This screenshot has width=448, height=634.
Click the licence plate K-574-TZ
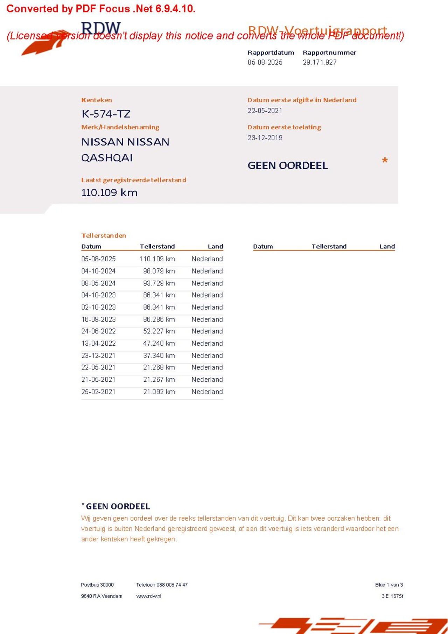coord(106,114)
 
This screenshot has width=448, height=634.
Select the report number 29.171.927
coord(320,62)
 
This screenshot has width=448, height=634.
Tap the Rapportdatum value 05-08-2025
coord(265,62)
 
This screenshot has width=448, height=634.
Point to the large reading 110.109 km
coord(109,192)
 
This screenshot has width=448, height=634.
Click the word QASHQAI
coord(107,158)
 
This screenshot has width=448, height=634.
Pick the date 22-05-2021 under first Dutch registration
coord(265,111)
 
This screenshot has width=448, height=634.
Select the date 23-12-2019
coord(265,138)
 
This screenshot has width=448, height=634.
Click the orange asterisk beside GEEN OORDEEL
coord(385,161)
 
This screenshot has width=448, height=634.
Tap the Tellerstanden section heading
coord(104,235)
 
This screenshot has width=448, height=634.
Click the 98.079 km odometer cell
coord(159,271)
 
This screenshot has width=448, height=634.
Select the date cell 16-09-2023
coord(98,319)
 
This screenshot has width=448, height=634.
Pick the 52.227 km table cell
coord(159,331)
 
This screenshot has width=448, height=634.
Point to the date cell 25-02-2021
coord(98,392)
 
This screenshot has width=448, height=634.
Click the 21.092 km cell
coord(159,392)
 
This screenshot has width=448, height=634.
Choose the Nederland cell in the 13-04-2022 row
coord(207,344)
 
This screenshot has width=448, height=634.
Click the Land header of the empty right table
coord(387,246)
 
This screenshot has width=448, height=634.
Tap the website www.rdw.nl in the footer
coord(149,596)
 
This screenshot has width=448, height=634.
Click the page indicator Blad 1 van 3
coord(389,585)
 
